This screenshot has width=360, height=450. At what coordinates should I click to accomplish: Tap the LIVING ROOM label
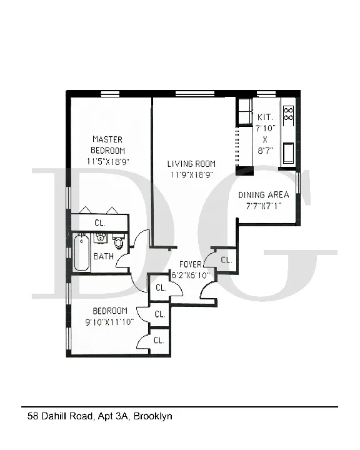pyautogui.click(x=191, y=164)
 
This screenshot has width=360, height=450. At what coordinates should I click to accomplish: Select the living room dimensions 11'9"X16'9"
pyautogui.click(x=191, y=175)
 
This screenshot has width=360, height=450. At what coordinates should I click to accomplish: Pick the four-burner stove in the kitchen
pyautogui.click(x=289, y=114)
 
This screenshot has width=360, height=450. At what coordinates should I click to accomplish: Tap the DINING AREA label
pyautogui.click(x=264, y=194)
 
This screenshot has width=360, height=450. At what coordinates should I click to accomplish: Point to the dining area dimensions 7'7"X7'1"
pyautogui.click(x=264, y=205)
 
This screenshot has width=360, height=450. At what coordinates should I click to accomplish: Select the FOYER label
pyautogui.click(x=191, y=264)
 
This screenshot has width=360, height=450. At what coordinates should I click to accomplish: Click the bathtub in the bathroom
pyautogui.click(x=81, y=252)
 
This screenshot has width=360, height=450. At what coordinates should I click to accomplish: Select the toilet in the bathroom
pyautogui.click(x=119, y=242)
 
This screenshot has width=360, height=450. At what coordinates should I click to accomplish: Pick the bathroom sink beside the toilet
pyautogui.click(x=100, y=238)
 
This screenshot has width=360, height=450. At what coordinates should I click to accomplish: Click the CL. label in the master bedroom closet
pyautogui.click(x=99, y=222)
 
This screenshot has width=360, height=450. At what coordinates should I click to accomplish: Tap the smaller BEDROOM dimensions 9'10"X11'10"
pyautogui.click(x=110, y=322)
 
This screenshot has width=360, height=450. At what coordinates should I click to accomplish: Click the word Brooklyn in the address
pyautogui.click(x=152, y=416)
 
